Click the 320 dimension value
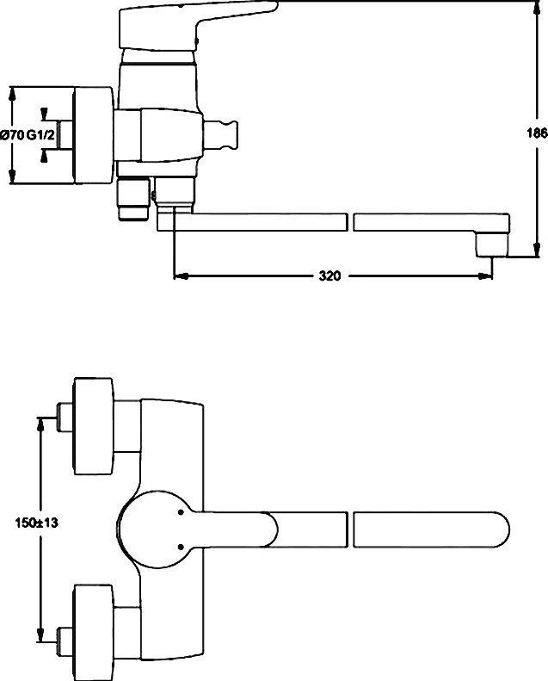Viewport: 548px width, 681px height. click(329, 275)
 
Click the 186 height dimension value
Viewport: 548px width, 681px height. click(537, 133)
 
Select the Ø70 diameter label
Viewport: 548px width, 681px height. click(12, 135)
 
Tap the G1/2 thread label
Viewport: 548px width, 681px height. click(40, 135)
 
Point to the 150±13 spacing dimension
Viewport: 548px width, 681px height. click(36, 523)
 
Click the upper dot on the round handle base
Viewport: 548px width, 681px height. click(181, 513)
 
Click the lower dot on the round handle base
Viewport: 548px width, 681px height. click(181, 547)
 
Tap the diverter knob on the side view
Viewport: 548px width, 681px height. click(221, 135)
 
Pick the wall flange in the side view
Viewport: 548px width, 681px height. click(93, 135)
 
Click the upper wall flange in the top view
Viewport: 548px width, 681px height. click(94, 426)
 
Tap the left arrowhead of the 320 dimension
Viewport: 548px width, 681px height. click(181, 275)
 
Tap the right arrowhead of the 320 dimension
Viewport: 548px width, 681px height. click(485, 275)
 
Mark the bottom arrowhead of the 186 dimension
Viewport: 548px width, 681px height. click(537, 250)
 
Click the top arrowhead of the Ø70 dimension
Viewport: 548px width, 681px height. click(12, 94)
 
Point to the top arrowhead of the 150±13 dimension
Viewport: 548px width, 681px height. click(40, 424)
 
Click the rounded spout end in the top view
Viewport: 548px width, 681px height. click(499, 529)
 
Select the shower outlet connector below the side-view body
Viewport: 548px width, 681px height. click(133, 199)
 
